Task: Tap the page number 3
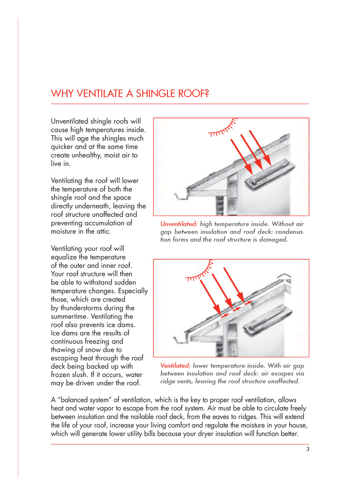coord(308,449)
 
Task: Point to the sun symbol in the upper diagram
coord(223,129)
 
